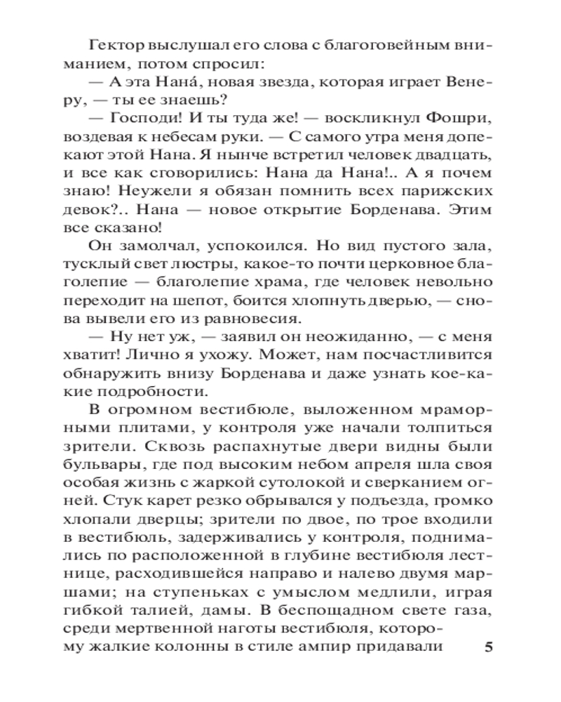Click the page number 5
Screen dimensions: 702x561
(x=489, y=647)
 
